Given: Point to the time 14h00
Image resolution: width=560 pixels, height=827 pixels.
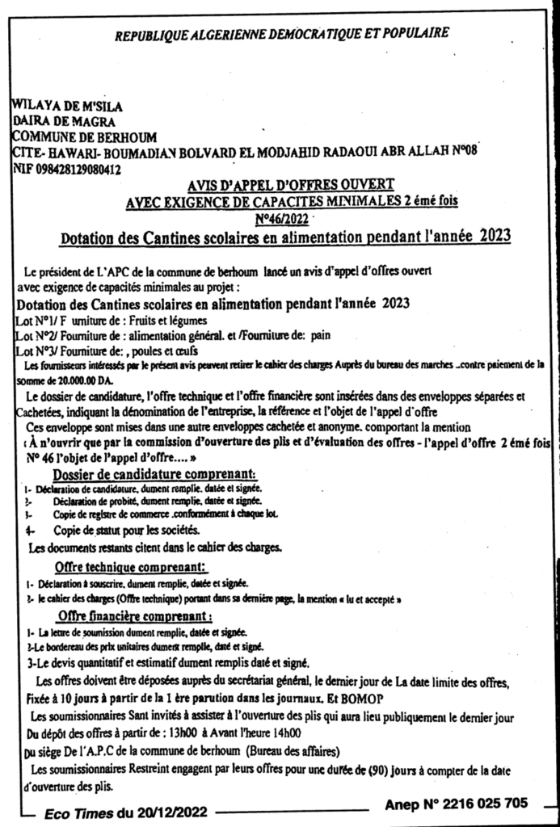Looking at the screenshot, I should [284, 733].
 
